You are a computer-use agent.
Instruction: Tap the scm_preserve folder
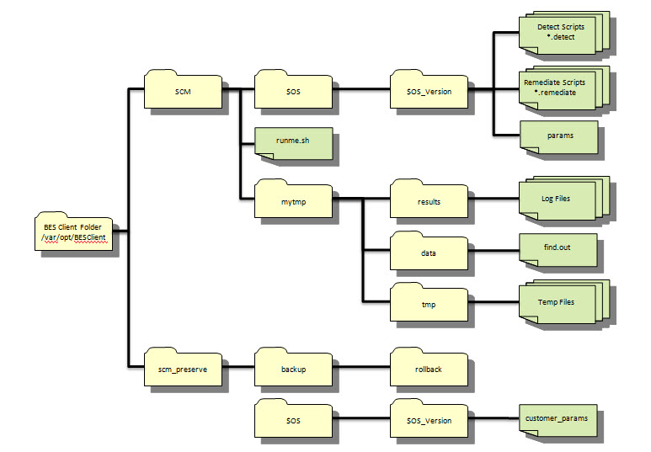pyautogui.click(x=182, y=368)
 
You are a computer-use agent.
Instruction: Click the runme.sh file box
pyautogui.click(x=293, y=142)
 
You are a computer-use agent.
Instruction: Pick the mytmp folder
pyautogui.click(x=292, y=201)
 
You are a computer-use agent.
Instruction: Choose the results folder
pyautogui.click(x=429, y=201)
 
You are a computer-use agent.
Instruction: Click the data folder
pyautogui.click(x=429, y=252)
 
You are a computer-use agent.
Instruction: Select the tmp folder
pyautogui.click(x=429, y=303)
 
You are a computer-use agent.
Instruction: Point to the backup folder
pyautogui.click(x=292, y=368)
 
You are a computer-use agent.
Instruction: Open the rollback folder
pyautogui.click(x=429, y=368)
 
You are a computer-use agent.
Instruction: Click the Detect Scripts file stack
pyautogui.click(x=560, y=34)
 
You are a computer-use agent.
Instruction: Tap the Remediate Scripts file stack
pyautogui.click(x=560, y=88)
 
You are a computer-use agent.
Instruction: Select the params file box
pyautogui.click(x=558, y=136)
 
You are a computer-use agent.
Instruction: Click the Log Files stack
pyautogui.click(x=558, y=199)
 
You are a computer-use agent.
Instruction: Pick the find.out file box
pyautogui.click(x=558, y=249)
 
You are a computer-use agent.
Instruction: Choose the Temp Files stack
pyautogui.click(x=558, y=302)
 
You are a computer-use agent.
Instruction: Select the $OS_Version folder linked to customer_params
pyautogui.click(x=429, y=419)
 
